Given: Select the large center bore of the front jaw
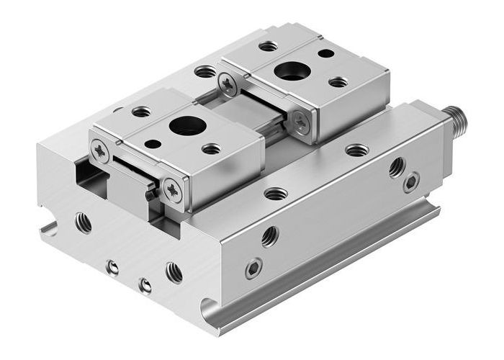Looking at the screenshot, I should click(x=187, y=125).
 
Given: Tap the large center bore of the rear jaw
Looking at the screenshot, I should click(x=292, y=71).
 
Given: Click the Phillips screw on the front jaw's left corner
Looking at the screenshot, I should click(x=100, y=150).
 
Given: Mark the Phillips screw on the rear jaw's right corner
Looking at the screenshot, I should click(x=301, y=123).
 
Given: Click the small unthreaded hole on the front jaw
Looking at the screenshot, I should click(x=153, y=144).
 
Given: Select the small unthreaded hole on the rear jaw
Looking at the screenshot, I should click(x=325, y=53).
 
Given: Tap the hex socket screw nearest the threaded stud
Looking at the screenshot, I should click(x=411, y=182).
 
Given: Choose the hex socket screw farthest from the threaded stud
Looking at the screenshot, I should click(x=253, y=269).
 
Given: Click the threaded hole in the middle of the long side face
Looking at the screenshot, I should click(x=270, y=235).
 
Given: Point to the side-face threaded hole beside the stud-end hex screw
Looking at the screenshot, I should click(x=397, y=167).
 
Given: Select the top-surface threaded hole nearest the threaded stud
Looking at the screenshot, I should click(x=357, y=150).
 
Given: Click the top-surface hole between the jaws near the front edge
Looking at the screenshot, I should click(x=276, y=193).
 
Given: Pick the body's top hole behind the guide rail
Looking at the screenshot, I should click(x=205, y=71).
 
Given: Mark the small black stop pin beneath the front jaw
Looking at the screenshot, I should click(x=148, y=194).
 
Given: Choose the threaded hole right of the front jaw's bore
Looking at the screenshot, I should click(x=211, y=149).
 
